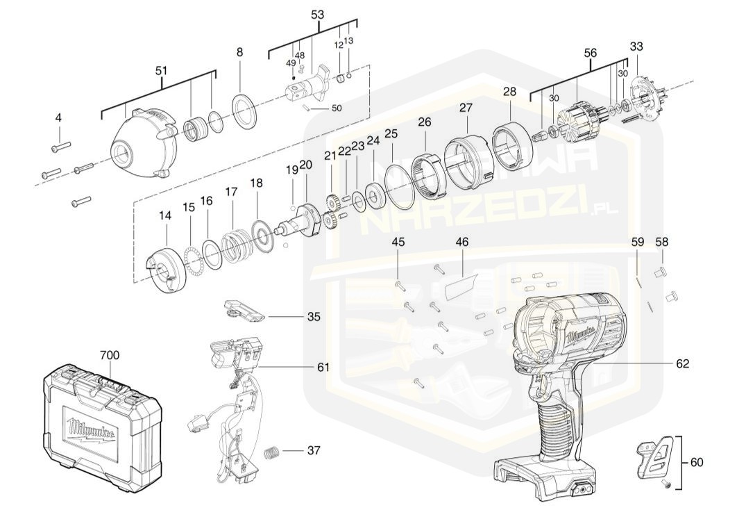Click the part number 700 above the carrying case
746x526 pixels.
(109, 355)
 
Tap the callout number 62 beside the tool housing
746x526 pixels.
(683, 363)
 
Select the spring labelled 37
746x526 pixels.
(273, 452)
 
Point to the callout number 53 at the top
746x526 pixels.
(317, 15)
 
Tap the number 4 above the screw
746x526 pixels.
(58, 118)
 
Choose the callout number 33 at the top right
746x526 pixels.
(636, 47)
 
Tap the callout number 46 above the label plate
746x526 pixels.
(462, 243)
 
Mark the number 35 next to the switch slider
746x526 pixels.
(314, 317)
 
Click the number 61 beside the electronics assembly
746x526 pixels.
(323, 367)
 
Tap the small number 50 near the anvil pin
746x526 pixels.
(337, 108)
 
